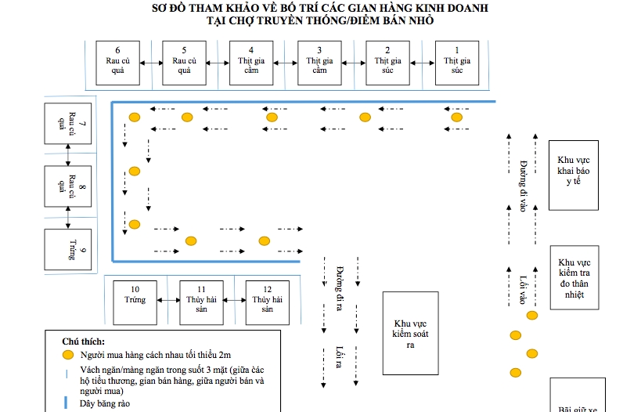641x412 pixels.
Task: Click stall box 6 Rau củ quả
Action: point(117,62)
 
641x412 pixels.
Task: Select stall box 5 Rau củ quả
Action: point(184,62)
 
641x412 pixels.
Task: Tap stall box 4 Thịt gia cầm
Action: point(251,62)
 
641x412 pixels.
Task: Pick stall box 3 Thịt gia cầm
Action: point(319,62)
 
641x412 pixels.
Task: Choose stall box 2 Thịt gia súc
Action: point(387,62)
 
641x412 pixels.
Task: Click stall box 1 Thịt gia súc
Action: point(457,62)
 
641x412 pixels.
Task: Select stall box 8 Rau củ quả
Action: point(68,186)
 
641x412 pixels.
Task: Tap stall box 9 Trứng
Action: point(68,248)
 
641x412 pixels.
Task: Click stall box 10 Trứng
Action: point(135,302)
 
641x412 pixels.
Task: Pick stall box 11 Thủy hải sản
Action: point(201,302)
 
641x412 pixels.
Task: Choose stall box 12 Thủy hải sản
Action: point(268,302)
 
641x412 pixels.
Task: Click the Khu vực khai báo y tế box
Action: point(574,175)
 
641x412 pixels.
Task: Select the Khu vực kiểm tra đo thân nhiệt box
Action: point(574,277)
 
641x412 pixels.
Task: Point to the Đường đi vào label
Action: point(523,185)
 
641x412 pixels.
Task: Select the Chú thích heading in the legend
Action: point(83,342)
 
